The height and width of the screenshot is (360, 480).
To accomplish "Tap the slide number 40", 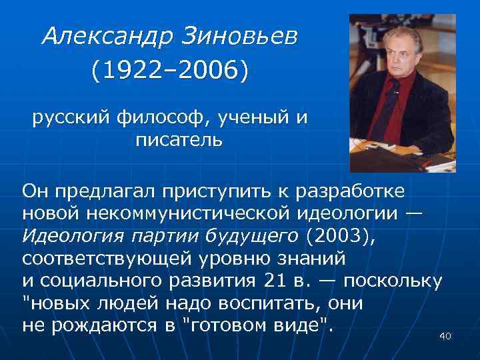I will [445, 337].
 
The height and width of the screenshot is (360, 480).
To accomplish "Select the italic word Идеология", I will [65, 236].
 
